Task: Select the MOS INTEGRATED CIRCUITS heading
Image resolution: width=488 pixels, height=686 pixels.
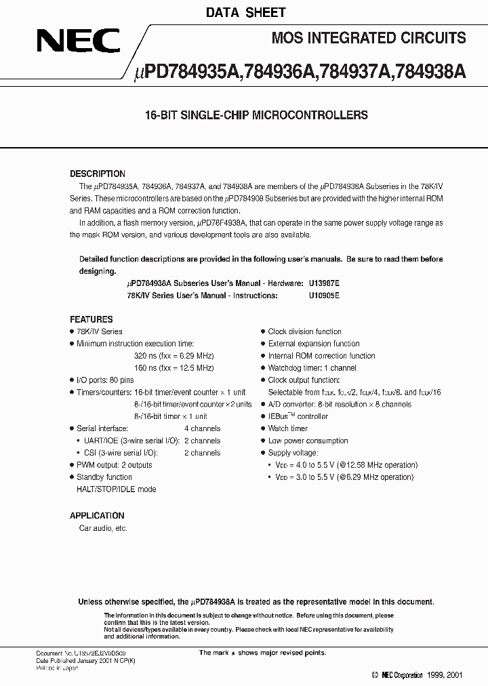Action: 368,39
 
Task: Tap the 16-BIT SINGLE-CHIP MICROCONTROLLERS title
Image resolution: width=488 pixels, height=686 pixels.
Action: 256,115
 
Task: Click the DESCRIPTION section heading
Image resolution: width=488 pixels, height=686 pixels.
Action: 98,174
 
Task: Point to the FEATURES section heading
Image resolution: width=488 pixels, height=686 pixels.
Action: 91,319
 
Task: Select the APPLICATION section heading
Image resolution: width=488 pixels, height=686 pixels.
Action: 97,515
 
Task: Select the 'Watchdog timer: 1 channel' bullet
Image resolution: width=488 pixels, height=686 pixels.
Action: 312,368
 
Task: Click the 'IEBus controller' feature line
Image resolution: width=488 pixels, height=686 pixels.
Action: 298,417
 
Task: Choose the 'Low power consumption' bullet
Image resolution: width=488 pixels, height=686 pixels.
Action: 308,441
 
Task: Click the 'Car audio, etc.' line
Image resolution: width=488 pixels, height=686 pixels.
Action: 103,528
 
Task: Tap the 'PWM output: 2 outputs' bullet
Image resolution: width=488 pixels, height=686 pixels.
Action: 114,465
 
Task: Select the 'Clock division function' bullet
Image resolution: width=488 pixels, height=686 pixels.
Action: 304,331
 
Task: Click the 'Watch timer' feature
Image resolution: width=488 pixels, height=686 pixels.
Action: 288,429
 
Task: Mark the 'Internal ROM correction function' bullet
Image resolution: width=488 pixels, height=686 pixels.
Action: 321,356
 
